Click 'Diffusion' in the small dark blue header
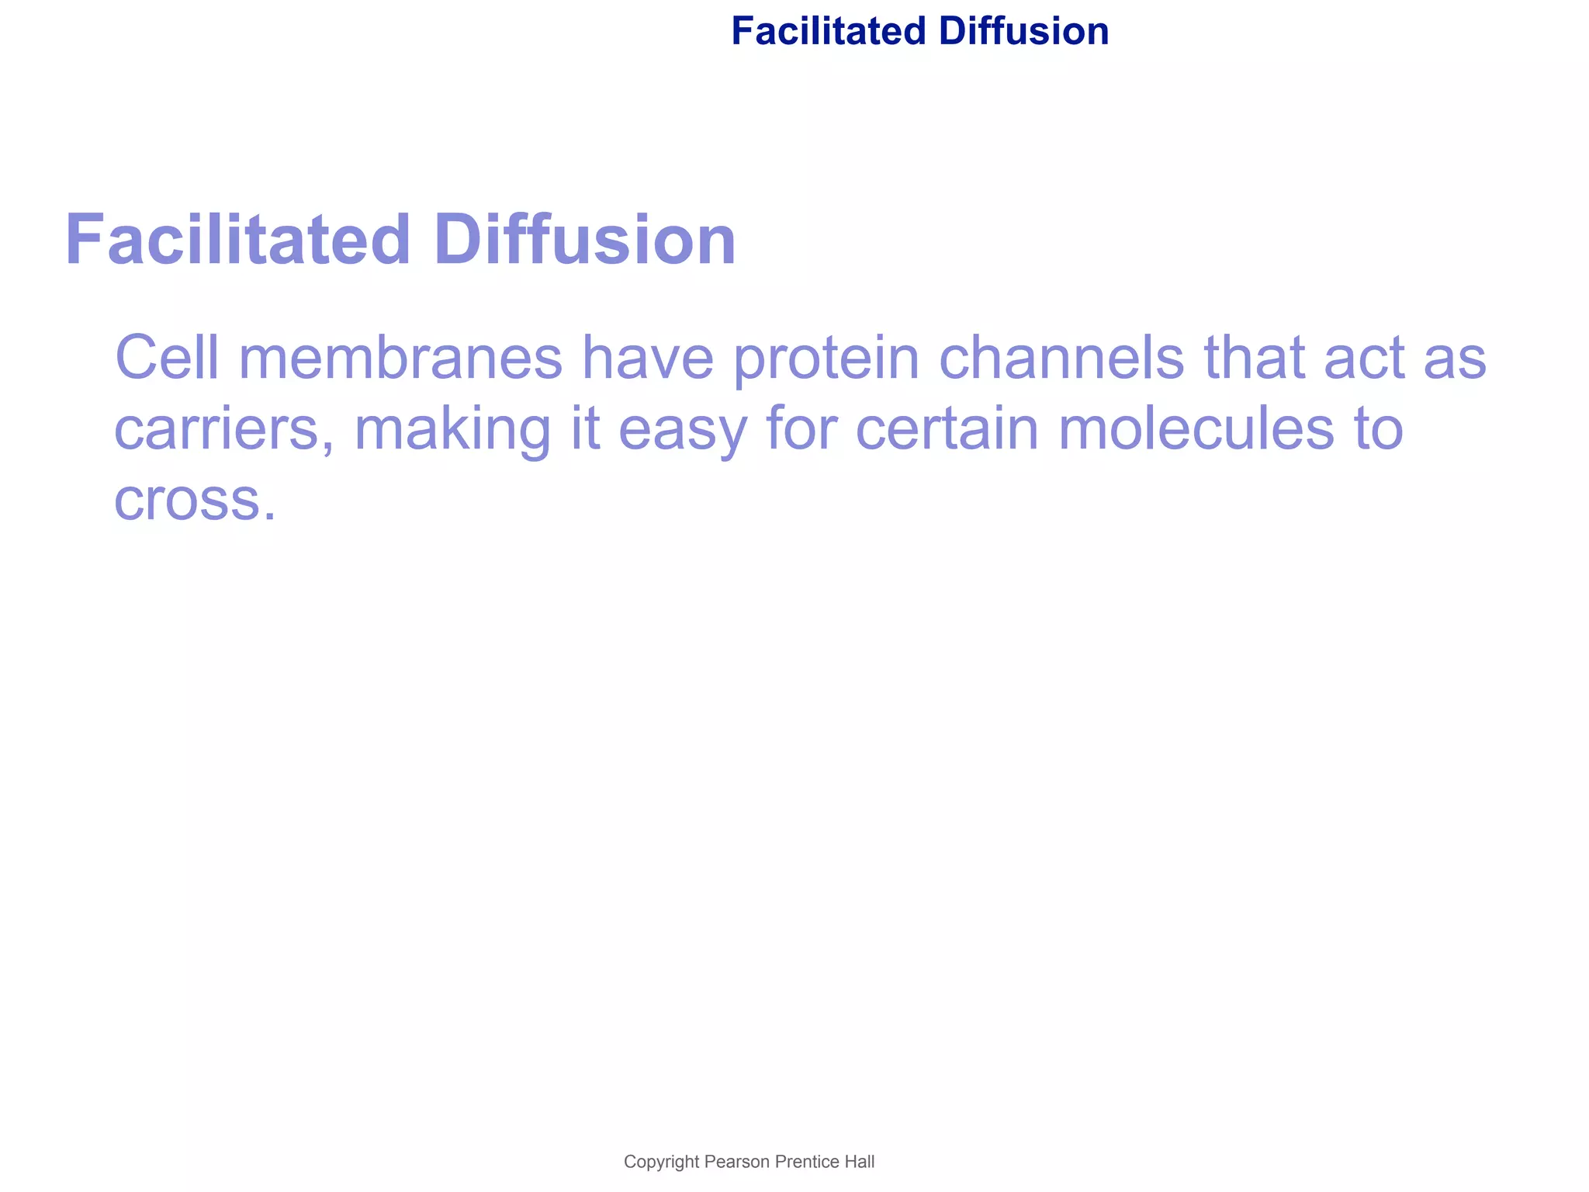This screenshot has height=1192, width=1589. click(x=1023, y=32)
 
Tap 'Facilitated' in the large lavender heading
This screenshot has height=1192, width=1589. click(x=237, y=240)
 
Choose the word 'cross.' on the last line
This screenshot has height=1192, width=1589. click(x=195, y=501)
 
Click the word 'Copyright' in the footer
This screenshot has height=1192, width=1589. click(x=662, y=1162)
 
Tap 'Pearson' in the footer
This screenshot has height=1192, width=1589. click(x=737, y=1162)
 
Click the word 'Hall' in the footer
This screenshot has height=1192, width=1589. click(x=860, y=1162)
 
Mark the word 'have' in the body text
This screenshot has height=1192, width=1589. click(x=647, y=358)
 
